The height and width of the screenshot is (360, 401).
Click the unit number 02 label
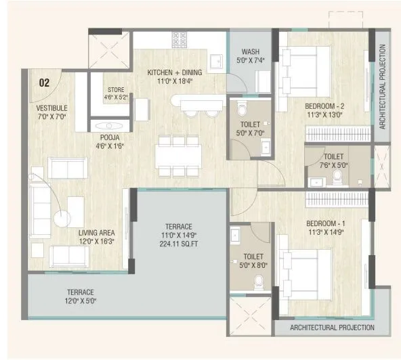[44, 83]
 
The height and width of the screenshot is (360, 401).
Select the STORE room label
[116, 89]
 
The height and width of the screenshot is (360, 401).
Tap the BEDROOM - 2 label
[324, 107]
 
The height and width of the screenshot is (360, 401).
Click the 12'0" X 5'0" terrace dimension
[80, 302]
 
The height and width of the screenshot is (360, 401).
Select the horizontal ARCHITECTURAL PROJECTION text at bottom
[332, 328]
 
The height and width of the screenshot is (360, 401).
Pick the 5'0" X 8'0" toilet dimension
[251, 266]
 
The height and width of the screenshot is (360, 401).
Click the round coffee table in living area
[63, 219]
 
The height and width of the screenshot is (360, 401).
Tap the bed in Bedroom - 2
[306, 67]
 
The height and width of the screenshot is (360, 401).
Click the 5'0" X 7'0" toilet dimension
[251, 134]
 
